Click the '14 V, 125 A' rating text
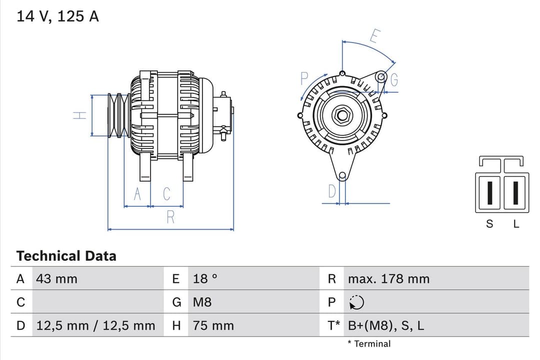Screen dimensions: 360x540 (57, 16)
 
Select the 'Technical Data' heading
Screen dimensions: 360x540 (66, 256)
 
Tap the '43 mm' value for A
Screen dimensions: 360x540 (56, 279)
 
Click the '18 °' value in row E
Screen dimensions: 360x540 (205, 279)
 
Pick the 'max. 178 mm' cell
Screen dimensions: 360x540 (388, 279)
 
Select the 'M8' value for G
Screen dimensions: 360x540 (202, 302)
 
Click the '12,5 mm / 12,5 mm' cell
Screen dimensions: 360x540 (95, 326)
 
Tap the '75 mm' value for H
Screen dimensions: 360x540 (213, 326)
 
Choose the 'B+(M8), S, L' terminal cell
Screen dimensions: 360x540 (385, 326)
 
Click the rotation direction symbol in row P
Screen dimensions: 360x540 (357, 302)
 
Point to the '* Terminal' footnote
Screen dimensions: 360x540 (369, 344)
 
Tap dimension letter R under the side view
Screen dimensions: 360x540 (170, 217)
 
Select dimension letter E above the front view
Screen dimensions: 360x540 (375, 36)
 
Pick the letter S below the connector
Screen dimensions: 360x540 (489, 224)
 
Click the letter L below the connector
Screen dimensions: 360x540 (516, 224)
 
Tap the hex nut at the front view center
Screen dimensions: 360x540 (342, 115)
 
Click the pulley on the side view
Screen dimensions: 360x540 (119, 115)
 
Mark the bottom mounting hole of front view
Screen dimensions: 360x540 (342, 175)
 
